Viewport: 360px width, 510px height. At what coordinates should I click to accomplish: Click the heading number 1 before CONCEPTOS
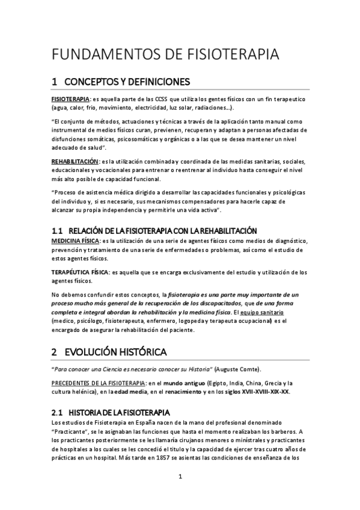pyautogui.click(x=54, y=81)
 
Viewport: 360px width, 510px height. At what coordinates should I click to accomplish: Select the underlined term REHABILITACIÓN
pyautogui.click(x=74, y=161)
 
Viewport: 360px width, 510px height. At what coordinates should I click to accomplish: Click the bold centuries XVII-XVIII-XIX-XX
pyautogui.click(x=256, y=392)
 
